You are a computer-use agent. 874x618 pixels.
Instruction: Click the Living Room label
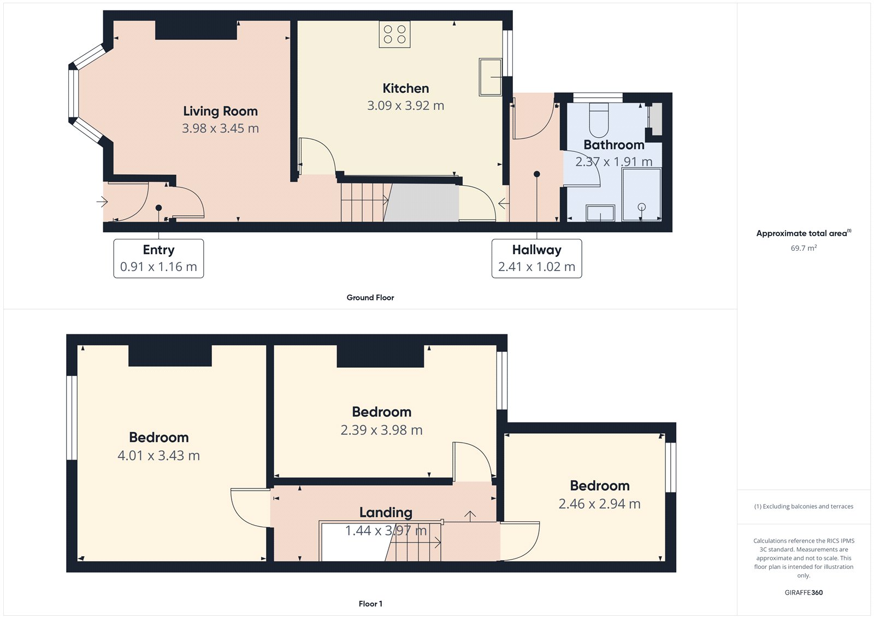click(x=220, y=111)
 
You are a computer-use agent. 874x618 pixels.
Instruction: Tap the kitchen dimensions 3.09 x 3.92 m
click(x=405, y=105)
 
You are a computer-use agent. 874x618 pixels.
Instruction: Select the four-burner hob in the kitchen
click(x=394, y=34)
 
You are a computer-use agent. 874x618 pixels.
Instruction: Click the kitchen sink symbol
click(x=490, y=77)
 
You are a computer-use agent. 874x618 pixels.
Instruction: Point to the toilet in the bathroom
click(x=599, y=120)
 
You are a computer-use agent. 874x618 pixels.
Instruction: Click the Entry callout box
click(x=158, y=258)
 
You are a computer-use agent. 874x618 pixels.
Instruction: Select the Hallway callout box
click(x=536, y=258)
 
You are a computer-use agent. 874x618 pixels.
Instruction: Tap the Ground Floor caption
click(x=370, y=298)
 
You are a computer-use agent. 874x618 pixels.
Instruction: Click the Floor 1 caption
click(x=370, y=604)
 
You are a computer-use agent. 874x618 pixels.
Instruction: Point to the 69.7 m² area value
click(x=804, y=248)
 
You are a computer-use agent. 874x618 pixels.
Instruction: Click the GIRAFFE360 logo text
click(x=804, y=592)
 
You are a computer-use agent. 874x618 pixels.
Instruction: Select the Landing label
click(x=386, y=513)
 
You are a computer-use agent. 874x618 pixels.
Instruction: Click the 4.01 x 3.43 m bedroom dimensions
click(x=158, y=456)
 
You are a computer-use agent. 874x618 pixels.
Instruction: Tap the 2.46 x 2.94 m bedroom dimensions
click(x=599, y=504)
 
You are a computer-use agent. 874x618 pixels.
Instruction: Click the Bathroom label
click(x=613, y=145)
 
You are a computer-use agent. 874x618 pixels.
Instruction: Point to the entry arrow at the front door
click(x=102, y=202)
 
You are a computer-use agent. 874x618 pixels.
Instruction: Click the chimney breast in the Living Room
click(x=196, y=30)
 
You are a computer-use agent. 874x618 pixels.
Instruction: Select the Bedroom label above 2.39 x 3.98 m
click(x=381, y=412)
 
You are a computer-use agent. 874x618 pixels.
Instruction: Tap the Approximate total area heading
click(x=802, y=233)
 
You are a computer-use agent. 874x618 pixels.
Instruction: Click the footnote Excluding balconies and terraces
click(x=804, y=507)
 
